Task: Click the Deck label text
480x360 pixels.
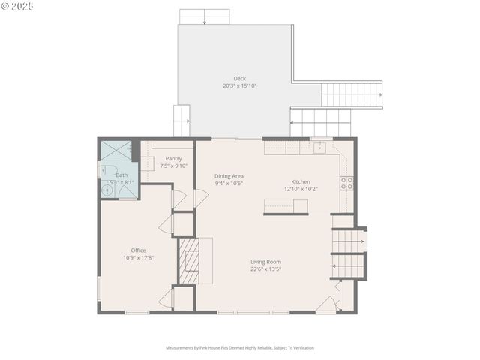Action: [x=239, y=78]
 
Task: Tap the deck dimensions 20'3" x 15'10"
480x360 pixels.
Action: [x=239, y=85]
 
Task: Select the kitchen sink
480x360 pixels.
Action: [x=319, y=146]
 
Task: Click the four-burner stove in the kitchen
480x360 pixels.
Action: [x=346, y=183]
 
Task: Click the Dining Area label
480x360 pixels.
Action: [x=229, y=176]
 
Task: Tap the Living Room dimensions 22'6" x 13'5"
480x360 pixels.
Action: [x=266, y=269]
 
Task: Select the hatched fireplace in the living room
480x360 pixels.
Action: [x=187, y=260]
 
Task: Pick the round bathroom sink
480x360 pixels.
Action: [x=106, y=190]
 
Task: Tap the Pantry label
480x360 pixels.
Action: [x=173, y=158]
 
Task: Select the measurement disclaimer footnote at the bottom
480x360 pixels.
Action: [x=239, y=347]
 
